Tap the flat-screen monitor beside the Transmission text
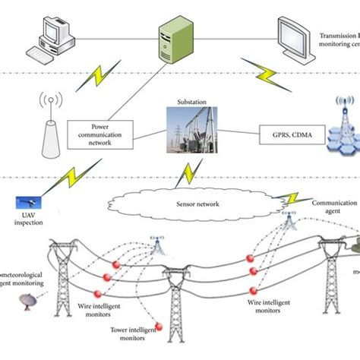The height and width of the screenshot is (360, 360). (x=295, y=38)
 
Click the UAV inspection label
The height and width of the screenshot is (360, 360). (x=30, y=222)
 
